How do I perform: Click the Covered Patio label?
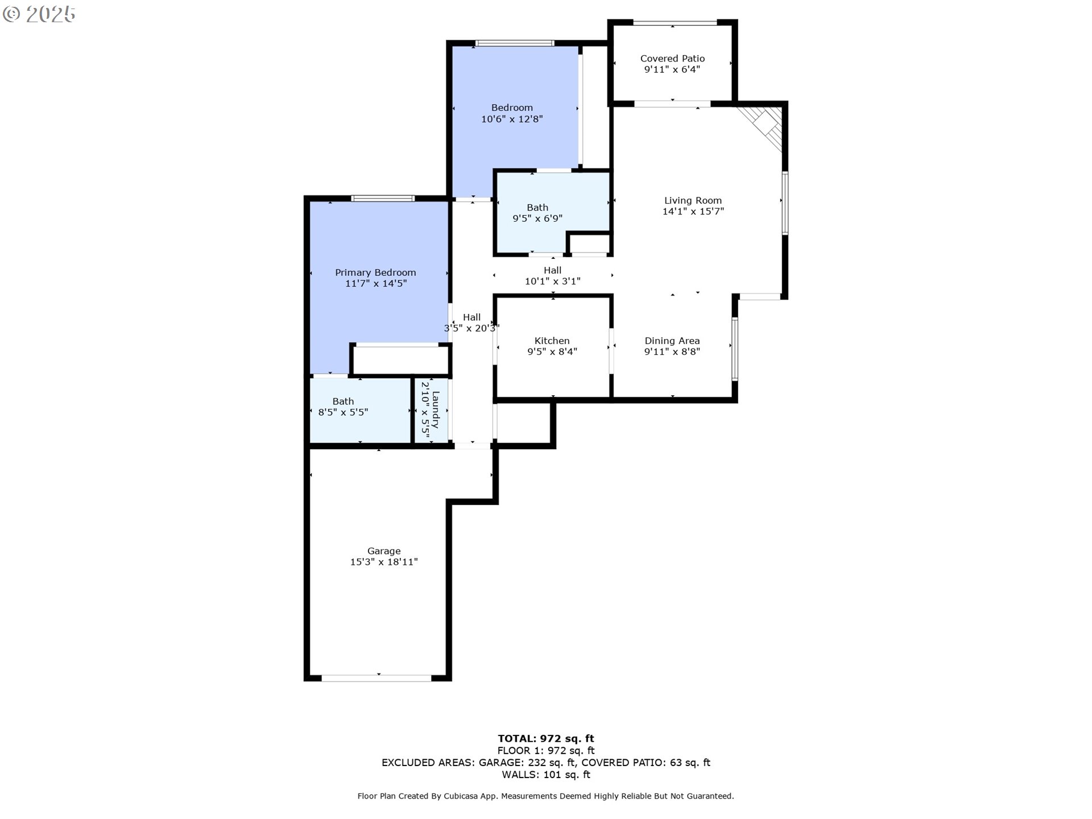[x=672, y=59]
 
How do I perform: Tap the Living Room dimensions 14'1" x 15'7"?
[x=693, y=212]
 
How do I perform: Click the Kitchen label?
[x=552, y=341]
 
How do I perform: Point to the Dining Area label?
[x=672, y=341]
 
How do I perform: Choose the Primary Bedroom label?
[x=375, y=272]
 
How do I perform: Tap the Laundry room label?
[x=436, y=409]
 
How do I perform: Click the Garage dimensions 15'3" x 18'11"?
[x=384, y=562]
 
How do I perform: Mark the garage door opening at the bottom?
[x=377, y=678]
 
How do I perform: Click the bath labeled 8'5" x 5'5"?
[x=343, y=407]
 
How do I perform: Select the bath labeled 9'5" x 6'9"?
[x=537, y=213]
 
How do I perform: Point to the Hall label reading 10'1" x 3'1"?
[x=552, y=276]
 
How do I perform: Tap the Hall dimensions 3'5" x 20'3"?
[x=471, y=328]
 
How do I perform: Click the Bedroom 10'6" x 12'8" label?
[x=512, y=113]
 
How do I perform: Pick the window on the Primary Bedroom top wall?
[x=383, y=198]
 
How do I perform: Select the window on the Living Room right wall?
[x=785, y=203]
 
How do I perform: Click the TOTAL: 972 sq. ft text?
[x=546, y=739]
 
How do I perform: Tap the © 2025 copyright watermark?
[x=39, y=14]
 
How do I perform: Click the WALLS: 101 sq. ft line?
[x=546, y=775]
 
